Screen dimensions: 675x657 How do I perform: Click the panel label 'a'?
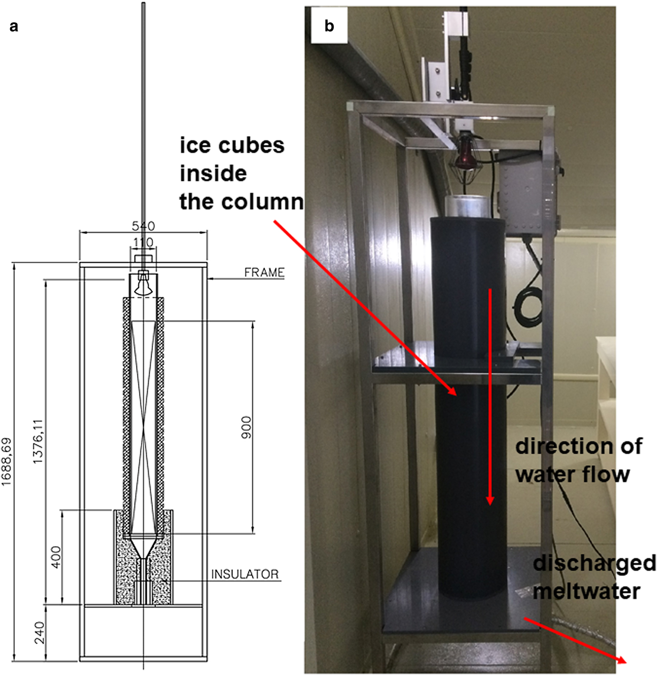[14, 26]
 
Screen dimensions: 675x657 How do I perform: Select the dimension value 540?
[143, 226]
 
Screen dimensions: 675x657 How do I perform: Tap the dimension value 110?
[143, 242]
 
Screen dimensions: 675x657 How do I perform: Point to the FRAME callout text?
[264, 272]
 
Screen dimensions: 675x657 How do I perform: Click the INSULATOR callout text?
[244, 574]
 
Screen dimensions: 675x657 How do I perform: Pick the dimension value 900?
[246, 427]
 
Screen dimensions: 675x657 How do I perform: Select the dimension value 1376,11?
[38, 442]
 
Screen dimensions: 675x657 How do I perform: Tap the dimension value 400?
[56, 557]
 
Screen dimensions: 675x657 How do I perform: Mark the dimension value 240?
[39, 633]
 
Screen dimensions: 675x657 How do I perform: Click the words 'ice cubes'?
[232, 146]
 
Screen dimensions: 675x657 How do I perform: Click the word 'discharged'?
[595, 563]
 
